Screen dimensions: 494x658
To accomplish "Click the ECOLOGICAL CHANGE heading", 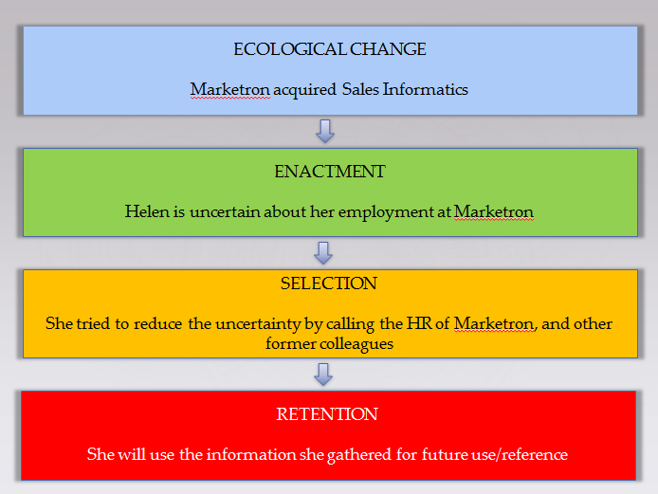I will tap(329, 49).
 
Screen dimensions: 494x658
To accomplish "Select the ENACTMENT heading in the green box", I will tap(329, 172).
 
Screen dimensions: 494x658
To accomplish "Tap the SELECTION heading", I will tap(329, 284).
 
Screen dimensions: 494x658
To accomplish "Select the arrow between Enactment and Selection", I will tap(323, 252).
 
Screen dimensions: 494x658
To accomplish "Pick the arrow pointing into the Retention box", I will tap(323, 374).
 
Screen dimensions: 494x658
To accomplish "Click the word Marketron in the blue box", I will tap(229, 89).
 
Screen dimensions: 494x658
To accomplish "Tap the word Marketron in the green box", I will tap(493, 211).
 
